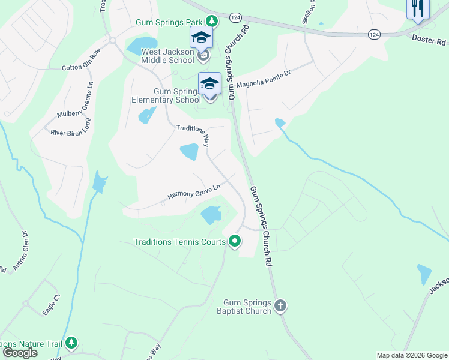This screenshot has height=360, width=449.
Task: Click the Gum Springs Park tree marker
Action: (x=211, y=20)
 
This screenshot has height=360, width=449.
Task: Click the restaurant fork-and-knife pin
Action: (x=418, y=9)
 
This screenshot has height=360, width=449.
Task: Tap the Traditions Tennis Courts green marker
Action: (x=234, y=242)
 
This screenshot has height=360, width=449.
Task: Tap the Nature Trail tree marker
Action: (x=71, y=343)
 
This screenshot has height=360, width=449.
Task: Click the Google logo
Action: (x=20, y=353)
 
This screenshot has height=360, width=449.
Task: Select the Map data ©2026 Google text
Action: (x=412, y=355)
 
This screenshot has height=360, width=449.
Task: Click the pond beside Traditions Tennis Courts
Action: (x=211, y=214)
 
